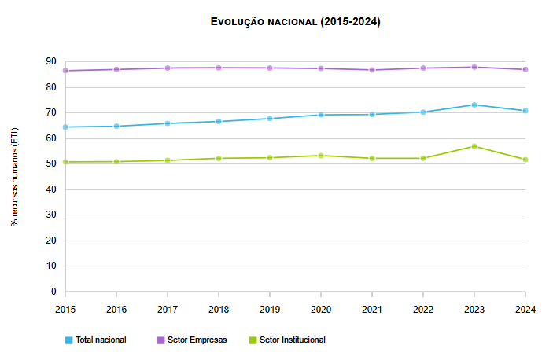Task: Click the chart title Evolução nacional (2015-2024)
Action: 295,22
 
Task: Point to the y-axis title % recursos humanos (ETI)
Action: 15,176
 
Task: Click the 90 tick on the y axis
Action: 51,61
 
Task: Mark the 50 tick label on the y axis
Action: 51,163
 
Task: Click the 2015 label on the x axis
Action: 65,309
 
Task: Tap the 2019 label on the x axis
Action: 269,309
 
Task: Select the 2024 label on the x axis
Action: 525,309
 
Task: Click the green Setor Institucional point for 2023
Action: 474,146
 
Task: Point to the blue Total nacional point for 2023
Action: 474,105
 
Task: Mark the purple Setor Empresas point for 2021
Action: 372,70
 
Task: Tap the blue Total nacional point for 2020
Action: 321,115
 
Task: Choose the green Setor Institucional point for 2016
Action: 116,162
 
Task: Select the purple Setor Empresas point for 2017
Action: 167,68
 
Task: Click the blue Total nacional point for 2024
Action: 525,111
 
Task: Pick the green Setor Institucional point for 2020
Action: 321,156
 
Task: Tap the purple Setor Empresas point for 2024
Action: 525,69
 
